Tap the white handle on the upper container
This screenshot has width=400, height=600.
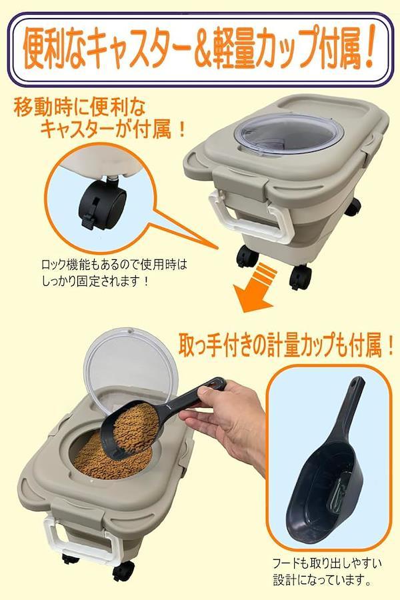tap(248, 219)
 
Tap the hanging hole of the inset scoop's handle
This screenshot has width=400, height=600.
tap(357, 382)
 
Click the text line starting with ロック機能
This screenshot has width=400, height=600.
tap(114, 265)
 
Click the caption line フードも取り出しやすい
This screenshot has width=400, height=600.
tap(327, 564)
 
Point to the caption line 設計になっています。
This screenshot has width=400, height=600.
tap(321, 580)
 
